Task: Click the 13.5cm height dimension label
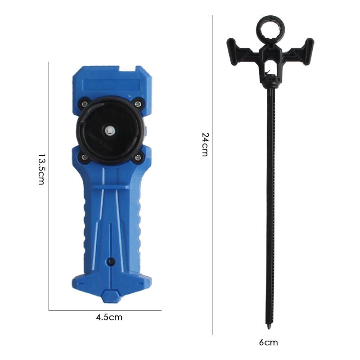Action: click(41, 170)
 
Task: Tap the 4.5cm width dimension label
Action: click(109, 317)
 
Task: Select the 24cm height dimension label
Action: click(206, 144)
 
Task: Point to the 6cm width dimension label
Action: click(268, 342)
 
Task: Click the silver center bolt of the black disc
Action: click(109, 131)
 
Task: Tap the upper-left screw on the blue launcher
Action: click(85, 104)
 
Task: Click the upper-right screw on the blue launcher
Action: click(138, 104)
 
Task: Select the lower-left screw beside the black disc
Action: click(85, 157)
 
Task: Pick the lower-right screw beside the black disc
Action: click(138, 157)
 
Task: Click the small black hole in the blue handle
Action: click(111, 261)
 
